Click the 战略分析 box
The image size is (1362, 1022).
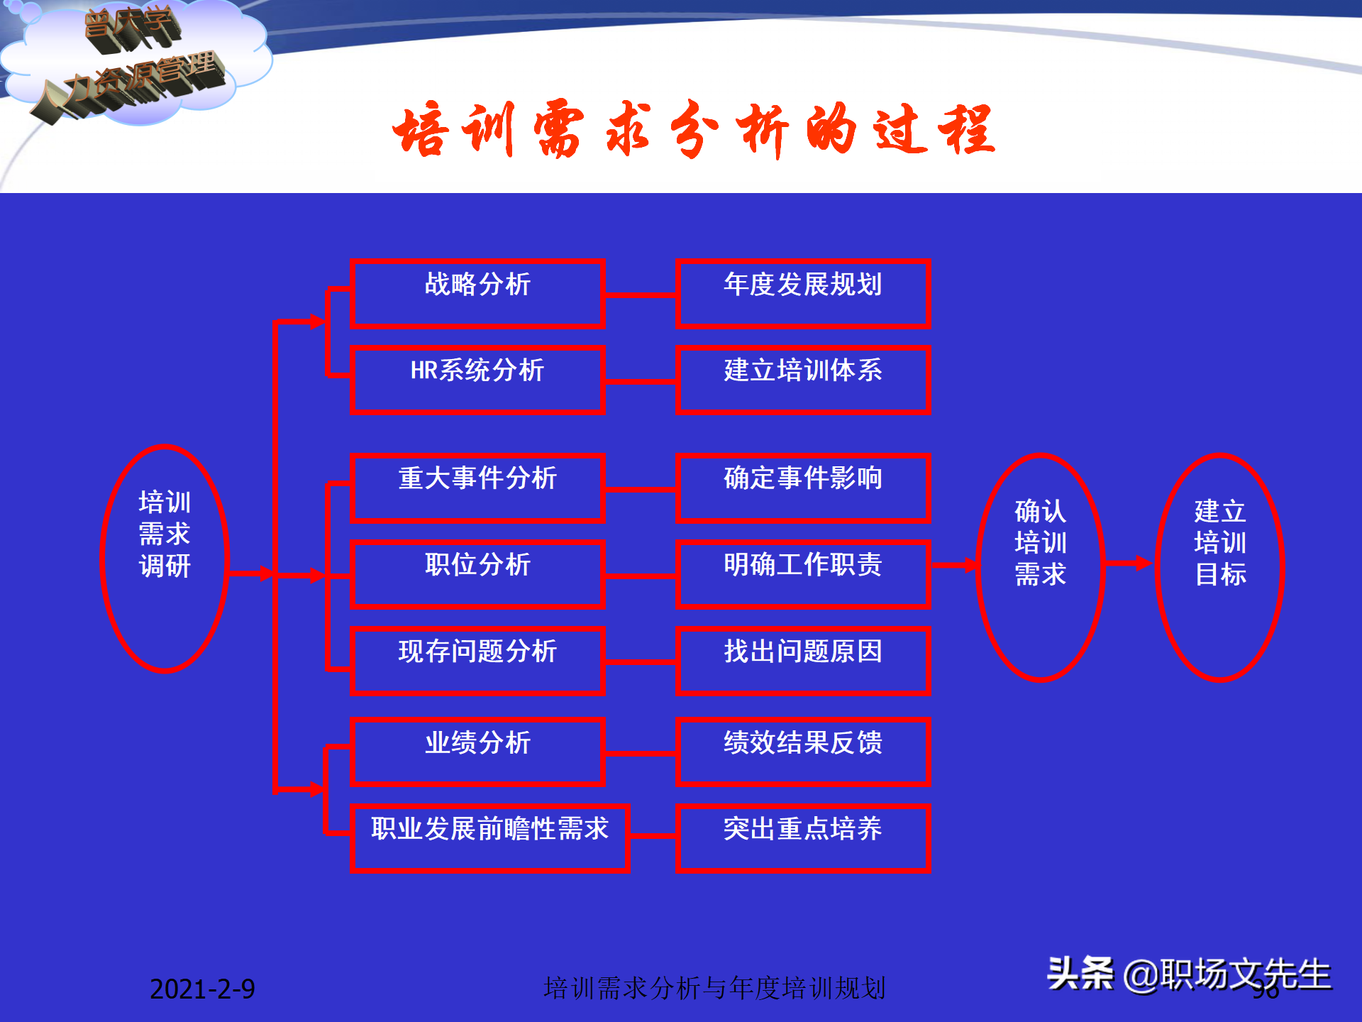[477, 293]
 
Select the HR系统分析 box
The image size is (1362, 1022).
[477, 380]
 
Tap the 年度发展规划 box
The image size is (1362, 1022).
[803, 293]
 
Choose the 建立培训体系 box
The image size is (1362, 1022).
[803, 380]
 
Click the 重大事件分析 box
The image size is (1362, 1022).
[477, 488]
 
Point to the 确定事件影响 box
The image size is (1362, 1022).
[803, 488]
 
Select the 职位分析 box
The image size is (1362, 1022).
[477, 574]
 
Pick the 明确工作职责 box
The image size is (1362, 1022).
[803, 574]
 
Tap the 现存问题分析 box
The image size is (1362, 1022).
[477, 661]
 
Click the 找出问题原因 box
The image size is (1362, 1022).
[803, 661]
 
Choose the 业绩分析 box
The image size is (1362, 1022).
[477, 752]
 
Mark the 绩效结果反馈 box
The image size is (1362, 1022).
[803, 752]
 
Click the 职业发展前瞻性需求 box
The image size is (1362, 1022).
[490, 838]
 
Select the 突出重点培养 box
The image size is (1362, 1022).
[803, 838]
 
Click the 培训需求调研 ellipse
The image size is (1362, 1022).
[165, 559]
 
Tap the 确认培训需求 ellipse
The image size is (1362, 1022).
[1040, 567]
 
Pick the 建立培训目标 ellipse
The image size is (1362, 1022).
[1220, 567]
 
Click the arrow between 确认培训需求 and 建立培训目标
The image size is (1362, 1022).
[1129, 564]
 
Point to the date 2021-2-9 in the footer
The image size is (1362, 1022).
[202, 989]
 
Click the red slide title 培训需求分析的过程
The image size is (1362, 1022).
[694, 130]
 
